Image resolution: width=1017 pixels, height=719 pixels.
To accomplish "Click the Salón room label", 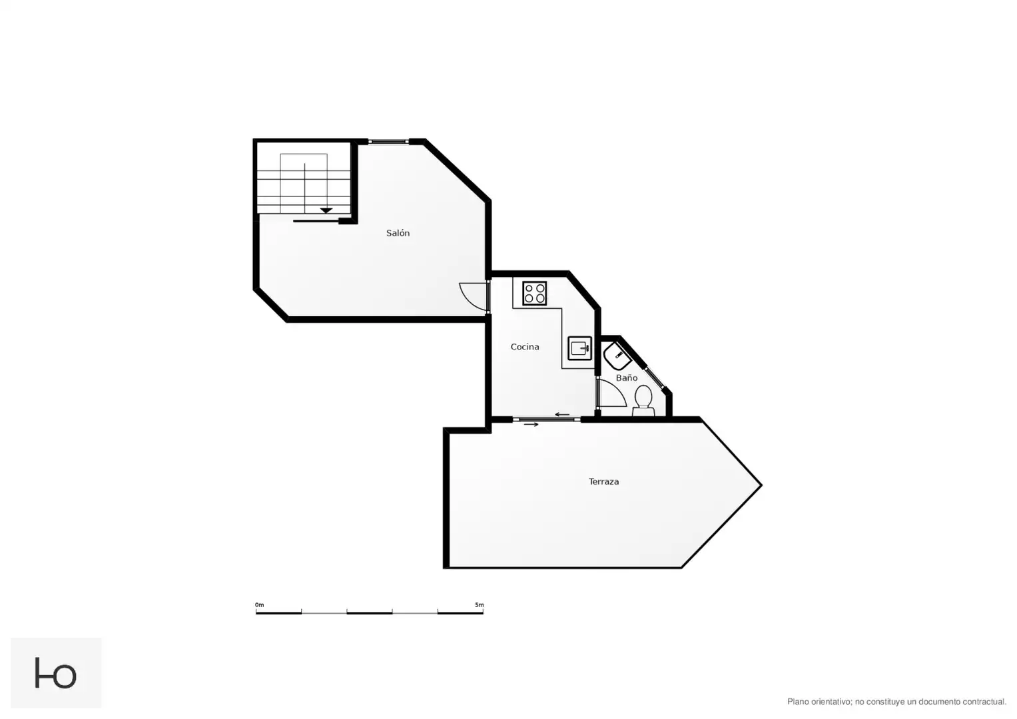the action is pos(398,233).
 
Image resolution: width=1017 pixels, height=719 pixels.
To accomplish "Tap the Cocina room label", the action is pos(525,347).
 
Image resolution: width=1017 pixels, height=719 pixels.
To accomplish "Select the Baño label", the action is pos(627,377).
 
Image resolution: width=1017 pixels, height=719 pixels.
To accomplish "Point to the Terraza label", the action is pos(604,481).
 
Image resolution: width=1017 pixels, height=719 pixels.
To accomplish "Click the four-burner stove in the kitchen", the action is pos(534,293).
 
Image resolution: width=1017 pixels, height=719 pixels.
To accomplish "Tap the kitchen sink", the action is pos(580,348).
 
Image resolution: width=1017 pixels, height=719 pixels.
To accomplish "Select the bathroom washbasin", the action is pos(617,356).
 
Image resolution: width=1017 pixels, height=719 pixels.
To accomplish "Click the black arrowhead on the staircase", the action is pos(326,210).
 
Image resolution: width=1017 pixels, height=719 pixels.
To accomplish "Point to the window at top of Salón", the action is pos(389,142).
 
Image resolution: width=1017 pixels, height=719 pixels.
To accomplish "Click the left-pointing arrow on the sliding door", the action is pos(562,414).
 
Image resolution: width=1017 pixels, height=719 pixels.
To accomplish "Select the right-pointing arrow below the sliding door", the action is pos(531,425).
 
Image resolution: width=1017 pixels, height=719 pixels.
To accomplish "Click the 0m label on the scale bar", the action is pos(259,604).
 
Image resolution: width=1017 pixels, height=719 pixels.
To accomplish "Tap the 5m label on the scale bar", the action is pos(480,604).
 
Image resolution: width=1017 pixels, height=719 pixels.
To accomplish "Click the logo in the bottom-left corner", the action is pos(56,672).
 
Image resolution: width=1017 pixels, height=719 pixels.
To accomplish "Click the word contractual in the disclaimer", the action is pos(984,702).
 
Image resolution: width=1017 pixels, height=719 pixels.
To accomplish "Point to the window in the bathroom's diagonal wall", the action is pos(654,377).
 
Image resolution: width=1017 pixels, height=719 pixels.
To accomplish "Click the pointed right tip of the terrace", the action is pos(761,485).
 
